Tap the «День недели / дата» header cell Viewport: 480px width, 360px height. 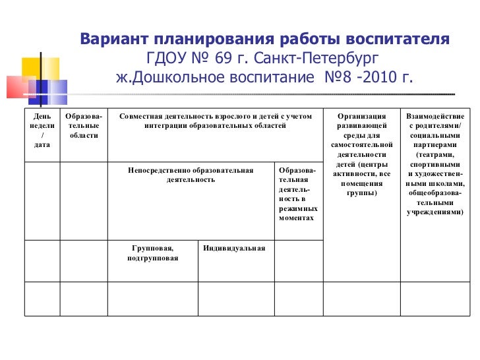42,130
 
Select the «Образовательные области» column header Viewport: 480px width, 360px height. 83,125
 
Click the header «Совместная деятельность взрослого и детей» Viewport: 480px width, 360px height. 215,121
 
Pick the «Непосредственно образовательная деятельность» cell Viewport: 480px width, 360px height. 191,175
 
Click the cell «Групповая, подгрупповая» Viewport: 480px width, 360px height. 152,253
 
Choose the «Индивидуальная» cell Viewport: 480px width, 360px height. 234,249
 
